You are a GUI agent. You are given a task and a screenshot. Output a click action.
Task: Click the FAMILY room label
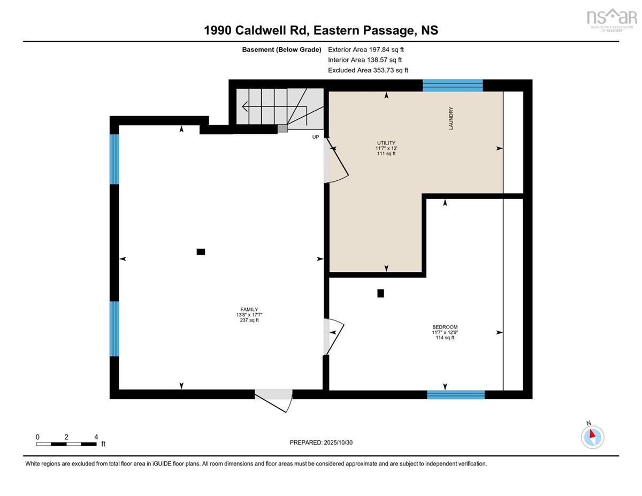[x=249, y=309]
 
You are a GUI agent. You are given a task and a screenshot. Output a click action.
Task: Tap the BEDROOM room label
[x=445, y=327]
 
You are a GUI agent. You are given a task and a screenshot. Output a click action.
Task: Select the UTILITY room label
[x=386, y=143]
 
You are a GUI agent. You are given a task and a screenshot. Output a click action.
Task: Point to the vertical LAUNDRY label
[x=451, y=118]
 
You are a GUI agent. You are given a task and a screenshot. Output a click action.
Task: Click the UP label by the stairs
[x=316, y=137]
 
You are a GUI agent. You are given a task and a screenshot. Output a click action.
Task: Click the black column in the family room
[x=201, y=251]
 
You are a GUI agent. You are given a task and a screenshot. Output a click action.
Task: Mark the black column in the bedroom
[x=380, y=293]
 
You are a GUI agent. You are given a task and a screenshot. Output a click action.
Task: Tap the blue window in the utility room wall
[x=453, y=86]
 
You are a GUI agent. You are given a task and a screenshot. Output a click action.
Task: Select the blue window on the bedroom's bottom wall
[x=456, y=395]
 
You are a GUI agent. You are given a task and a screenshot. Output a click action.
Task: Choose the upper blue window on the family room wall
[x=114, y=159]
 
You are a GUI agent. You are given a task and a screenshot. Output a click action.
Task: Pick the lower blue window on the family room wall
[x=114, y=329]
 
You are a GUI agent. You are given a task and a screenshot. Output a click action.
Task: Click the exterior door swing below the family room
[x=274, y=401]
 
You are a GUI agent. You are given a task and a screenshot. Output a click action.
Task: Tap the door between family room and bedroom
[x=334, y=337]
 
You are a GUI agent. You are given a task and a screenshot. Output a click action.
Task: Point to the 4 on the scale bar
[x=96, y=437]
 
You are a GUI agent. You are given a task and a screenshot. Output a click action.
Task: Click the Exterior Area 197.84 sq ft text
[x=366, y=50]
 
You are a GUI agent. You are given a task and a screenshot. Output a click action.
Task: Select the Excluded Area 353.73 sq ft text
[x=368, y=70]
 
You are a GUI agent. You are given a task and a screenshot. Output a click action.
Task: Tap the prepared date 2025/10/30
[x=338, y=442]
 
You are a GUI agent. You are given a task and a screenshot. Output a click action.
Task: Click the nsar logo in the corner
[x=612, y=19]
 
